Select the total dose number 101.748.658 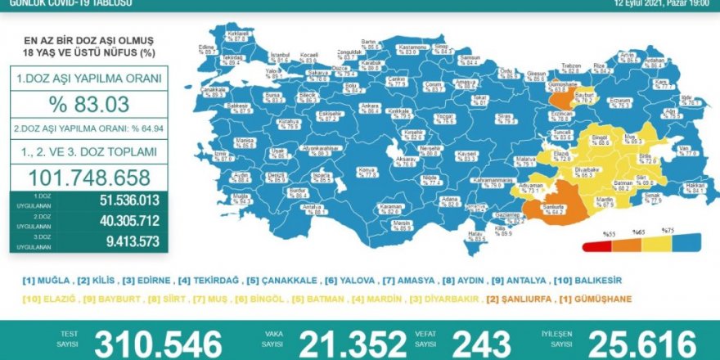90,178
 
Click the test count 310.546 157,343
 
